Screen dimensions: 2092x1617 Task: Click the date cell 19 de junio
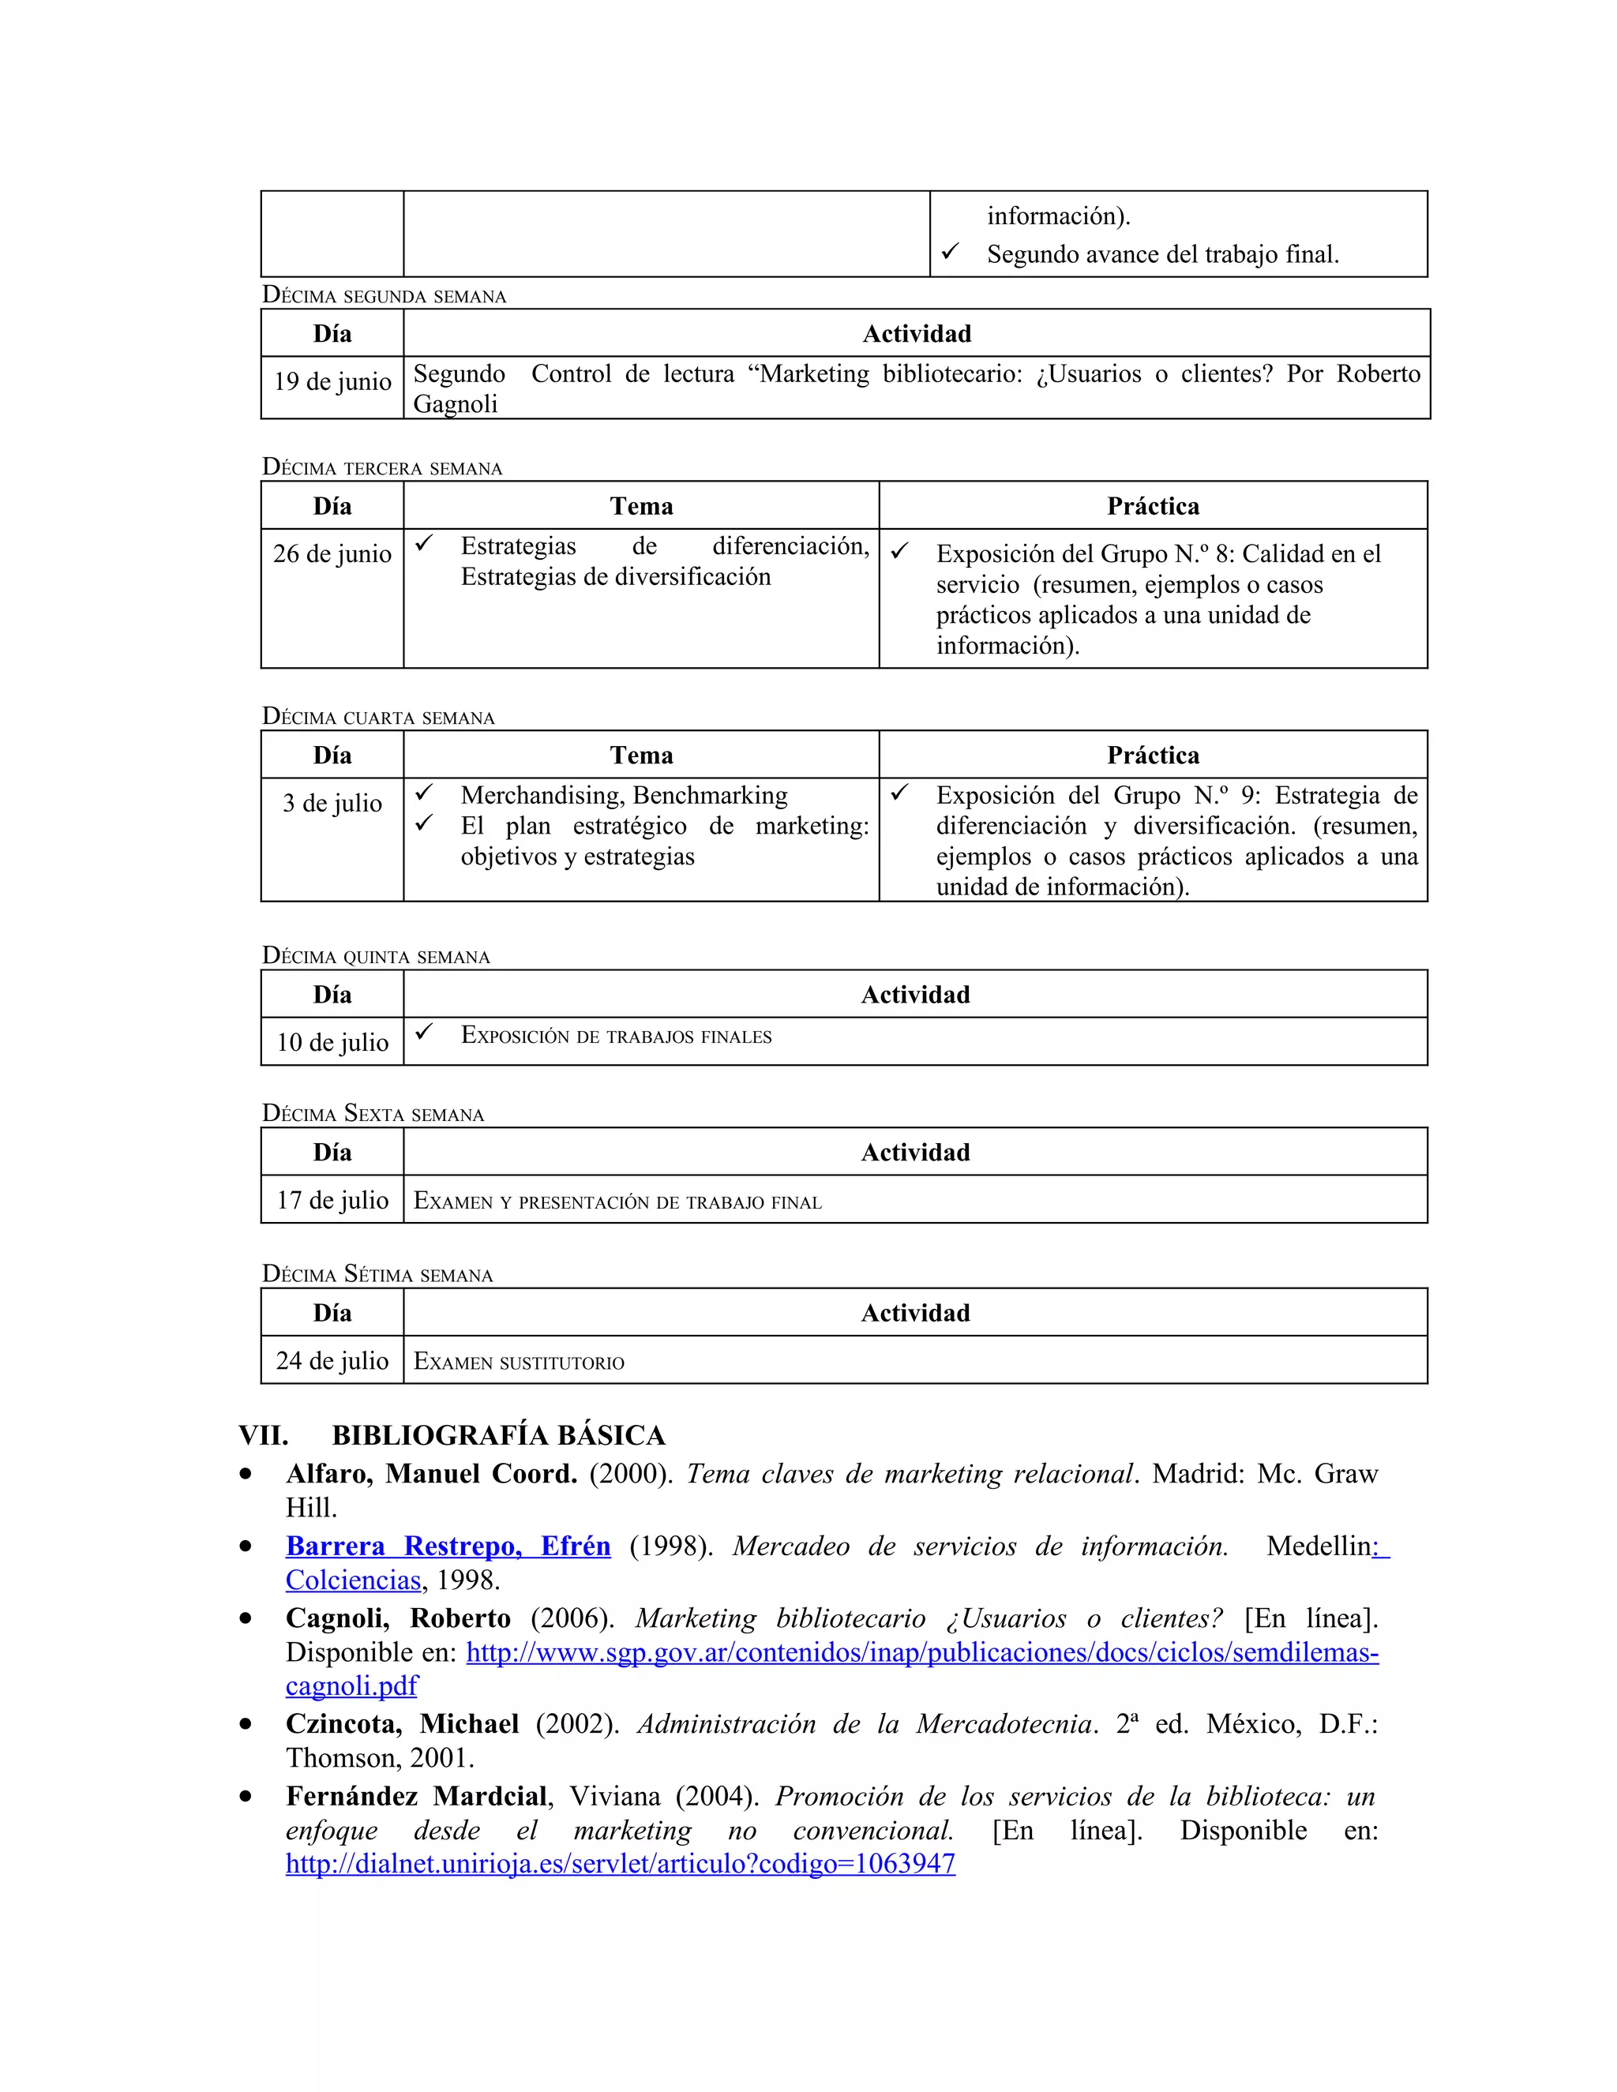tap(332, 381)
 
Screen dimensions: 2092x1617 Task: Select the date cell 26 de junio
tap(332, 553)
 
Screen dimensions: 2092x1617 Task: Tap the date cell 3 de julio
tap(332, 803)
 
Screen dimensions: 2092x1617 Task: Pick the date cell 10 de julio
tap(332, 1042)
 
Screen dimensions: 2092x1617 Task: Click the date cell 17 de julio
tap(332, 1200)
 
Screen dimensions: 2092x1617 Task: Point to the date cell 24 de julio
tap(332, 1360)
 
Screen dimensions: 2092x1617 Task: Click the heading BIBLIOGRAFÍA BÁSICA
tap(498, 1435)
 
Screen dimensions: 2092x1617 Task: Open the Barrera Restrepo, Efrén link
tap(448, 1546)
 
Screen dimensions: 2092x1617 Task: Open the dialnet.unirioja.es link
tap(620, 1863)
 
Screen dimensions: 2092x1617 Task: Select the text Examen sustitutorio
tap(518, 1362)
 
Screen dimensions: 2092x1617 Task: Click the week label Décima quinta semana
tap(376, 956)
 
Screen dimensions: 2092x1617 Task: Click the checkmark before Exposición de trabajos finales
tap(424, 1033)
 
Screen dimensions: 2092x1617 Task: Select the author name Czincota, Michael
tap(403, 1724)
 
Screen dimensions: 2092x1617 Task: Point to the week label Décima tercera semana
tap(381, 467)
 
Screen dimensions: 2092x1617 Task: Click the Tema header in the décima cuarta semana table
tap(641, 755)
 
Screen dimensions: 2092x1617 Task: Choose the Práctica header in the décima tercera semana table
tap(1153, 506)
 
